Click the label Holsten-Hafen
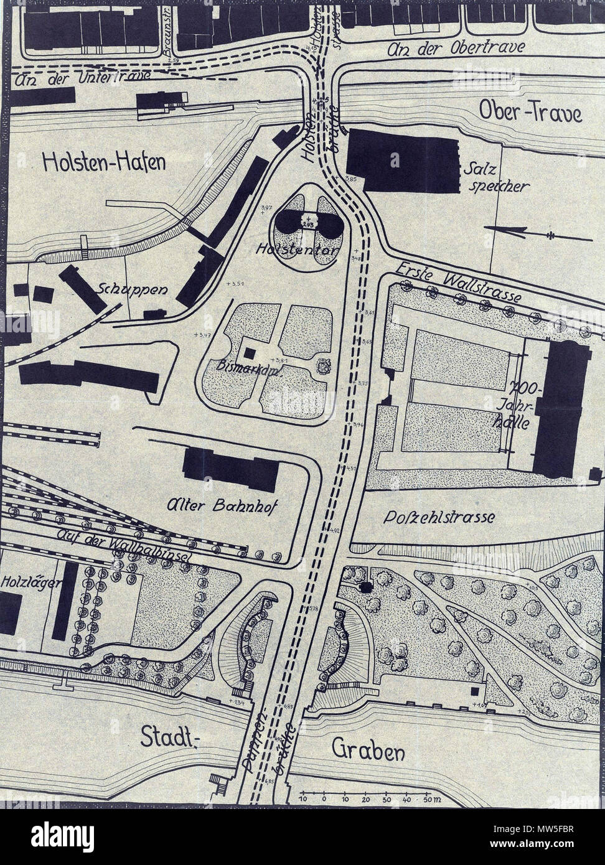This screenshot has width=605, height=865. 105,162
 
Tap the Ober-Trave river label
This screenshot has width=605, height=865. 530,113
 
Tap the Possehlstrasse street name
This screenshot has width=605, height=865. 439,517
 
